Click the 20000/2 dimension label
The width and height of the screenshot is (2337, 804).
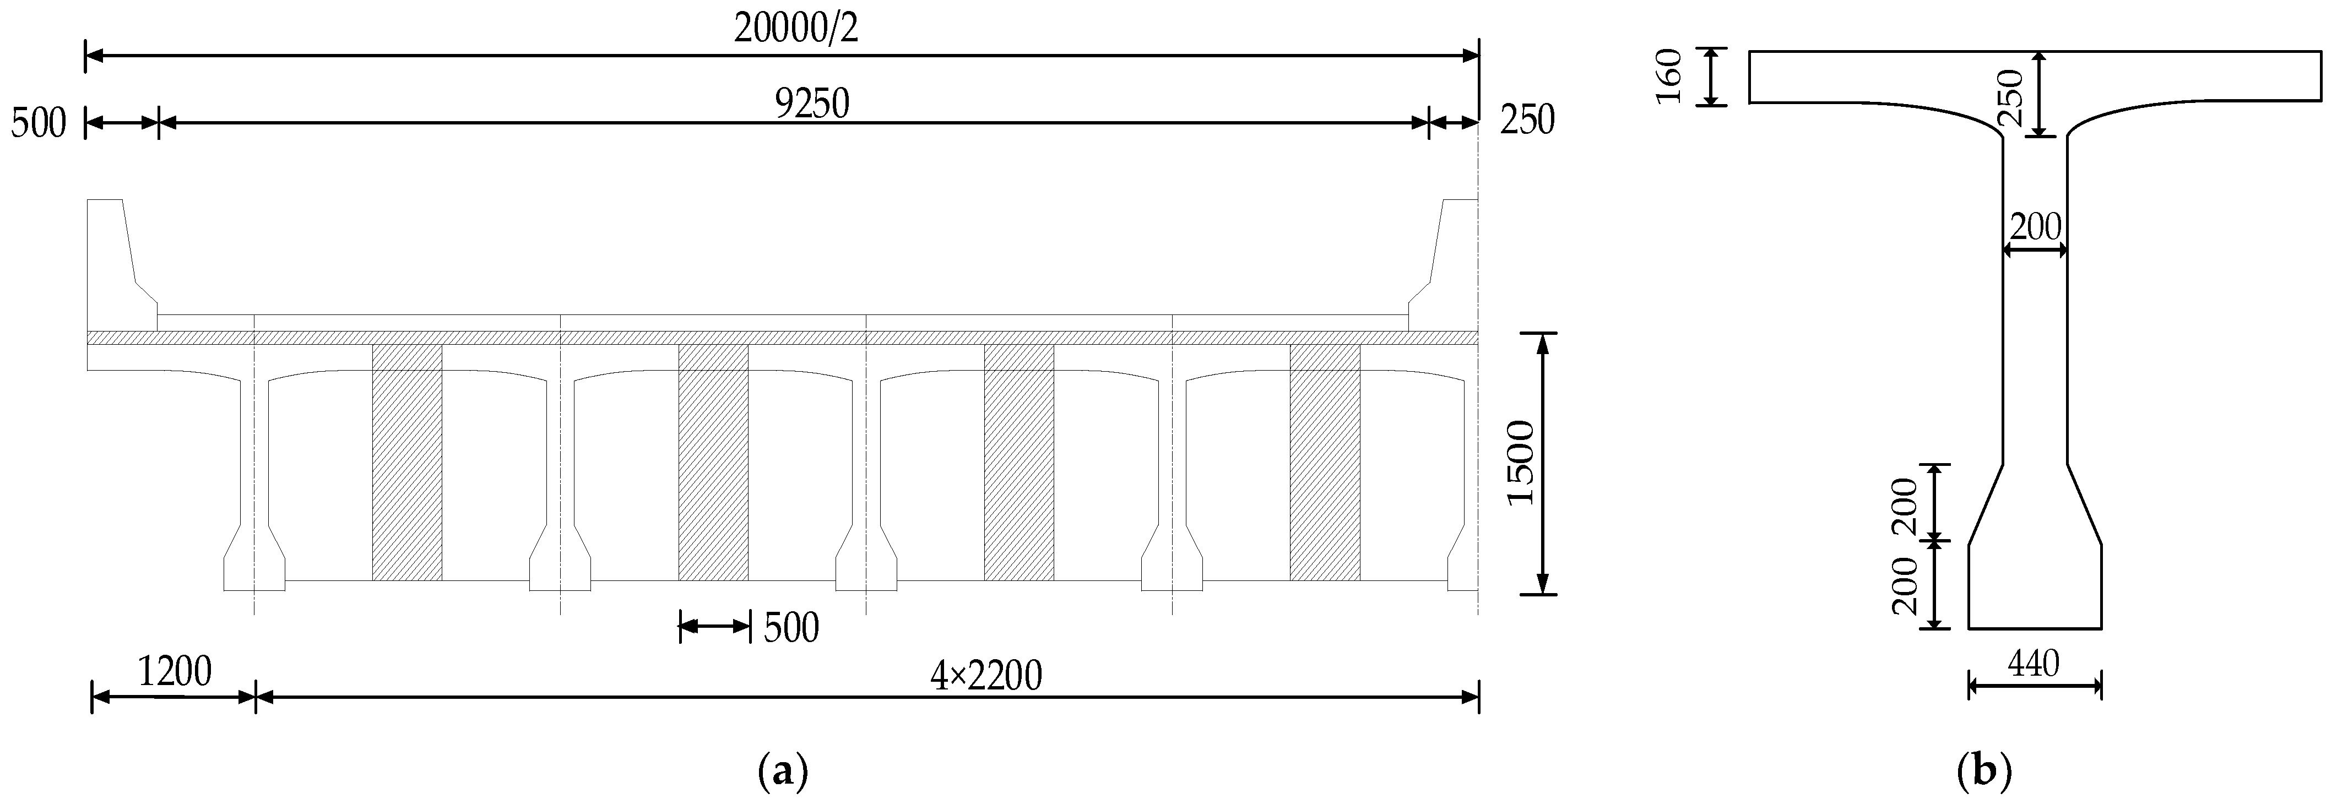click(796, 29)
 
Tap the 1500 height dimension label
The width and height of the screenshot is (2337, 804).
click(1518, 463)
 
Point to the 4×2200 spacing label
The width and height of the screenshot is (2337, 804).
click(985, 674)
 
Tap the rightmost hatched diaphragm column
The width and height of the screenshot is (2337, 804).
click(1325, 463)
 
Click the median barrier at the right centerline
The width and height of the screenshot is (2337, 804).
click(1447, 263)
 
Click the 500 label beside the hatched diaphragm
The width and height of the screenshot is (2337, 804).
click(791, 627)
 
